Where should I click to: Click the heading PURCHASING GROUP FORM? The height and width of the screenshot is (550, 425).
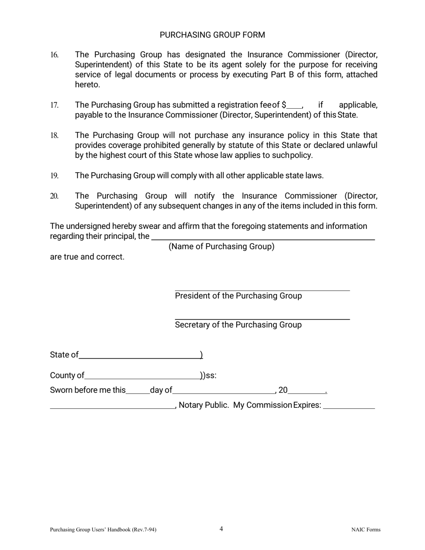click(x=212, y=35)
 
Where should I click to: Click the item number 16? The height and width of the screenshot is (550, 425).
click(x=54, y=55)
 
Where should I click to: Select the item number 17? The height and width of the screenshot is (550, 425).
click(x=54, y=105)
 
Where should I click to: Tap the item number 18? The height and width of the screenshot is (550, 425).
click(x=54, y=135)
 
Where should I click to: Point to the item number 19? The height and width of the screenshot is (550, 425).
click(x=54, y=176)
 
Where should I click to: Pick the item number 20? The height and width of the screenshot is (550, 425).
click(x=54, y=196)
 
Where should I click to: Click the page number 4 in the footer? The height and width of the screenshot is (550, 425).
click(x=221, y=529)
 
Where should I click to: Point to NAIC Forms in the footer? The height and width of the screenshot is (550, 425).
click(x=366, y=530)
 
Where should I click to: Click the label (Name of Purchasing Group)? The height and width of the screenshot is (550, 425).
click(x=221, y=246)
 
